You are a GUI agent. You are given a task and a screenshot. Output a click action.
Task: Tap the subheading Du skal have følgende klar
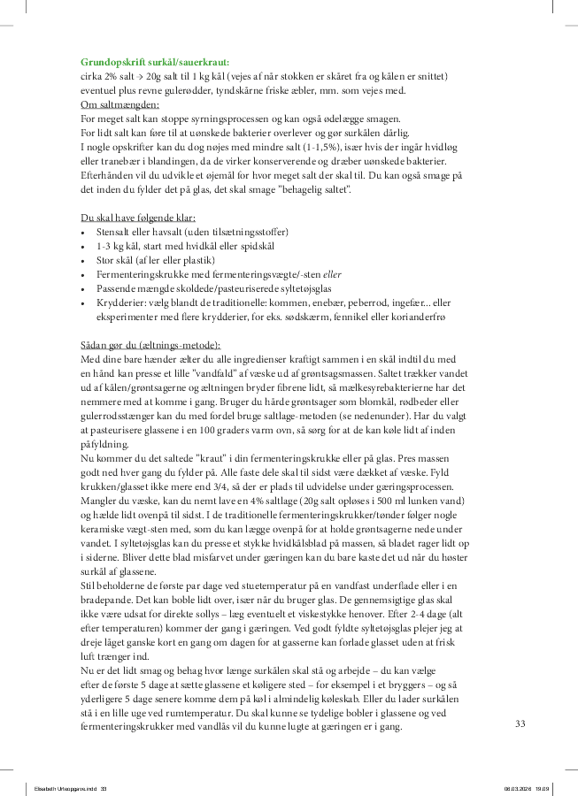(137, 218)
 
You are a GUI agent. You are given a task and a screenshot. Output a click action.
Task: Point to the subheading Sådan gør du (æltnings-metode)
(150, 344)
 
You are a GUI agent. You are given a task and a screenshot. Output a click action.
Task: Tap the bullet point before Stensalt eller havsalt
(82, 232)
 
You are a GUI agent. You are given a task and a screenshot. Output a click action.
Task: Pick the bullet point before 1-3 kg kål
(82, 246)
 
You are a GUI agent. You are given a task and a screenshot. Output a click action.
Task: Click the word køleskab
(394, 698)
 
